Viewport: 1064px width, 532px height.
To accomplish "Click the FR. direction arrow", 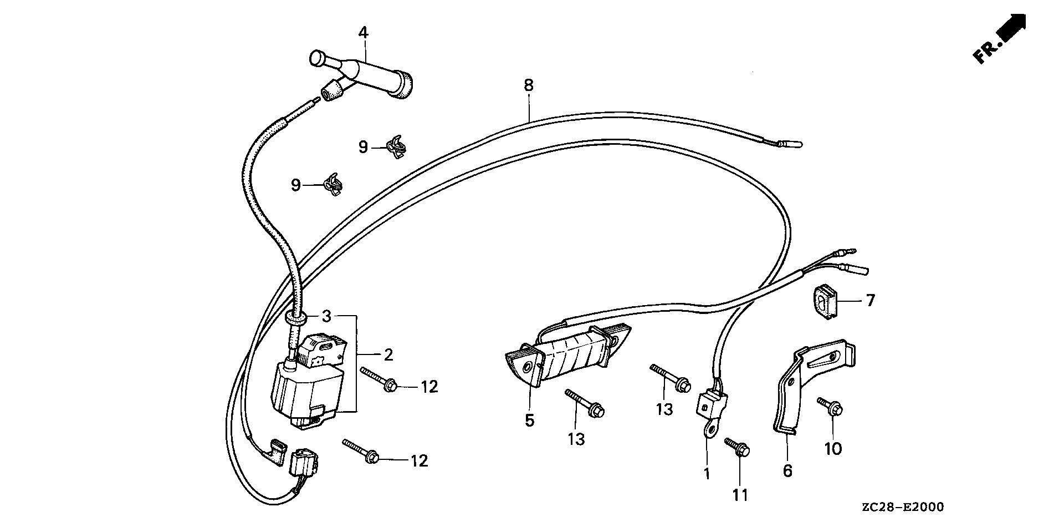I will click(1000, 38).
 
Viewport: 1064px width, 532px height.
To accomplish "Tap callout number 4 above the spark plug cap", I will click(362, 33).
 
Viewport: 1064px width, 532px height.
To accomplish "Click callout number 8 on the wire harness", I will click(528, 85).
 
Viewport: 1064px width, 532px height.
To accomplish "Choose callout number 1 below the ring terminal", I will click(706, 474).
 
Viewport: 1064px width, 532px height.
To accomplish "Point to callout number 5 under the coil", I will click(529, 420).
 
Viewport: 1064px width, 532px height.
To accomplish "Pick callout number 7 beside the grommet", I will click(869, 301).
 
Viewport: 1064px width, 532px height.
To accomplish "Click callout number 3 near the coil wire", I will click(326, 317).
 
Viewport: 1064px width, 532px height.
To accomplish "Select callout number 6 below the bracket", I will click(787, 471).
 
